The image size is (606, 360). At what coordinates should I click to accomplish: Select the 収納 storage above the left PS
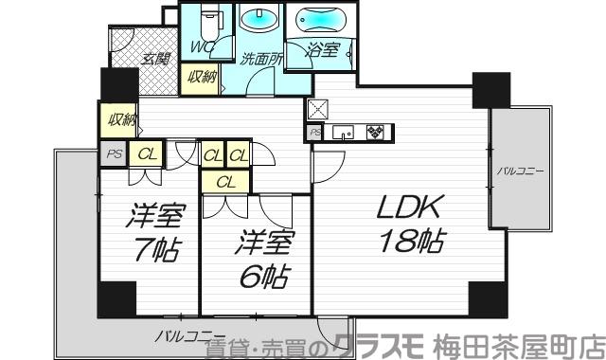coord(120,119)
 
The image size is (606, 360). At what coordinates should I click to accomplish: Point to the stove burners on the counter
coord(376,134)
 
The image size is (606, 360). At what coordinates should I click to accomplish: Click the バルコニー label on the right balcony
coord(519,171)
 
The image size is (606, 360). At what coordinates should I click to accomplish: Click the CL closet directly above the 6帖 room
coord(224,180)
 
